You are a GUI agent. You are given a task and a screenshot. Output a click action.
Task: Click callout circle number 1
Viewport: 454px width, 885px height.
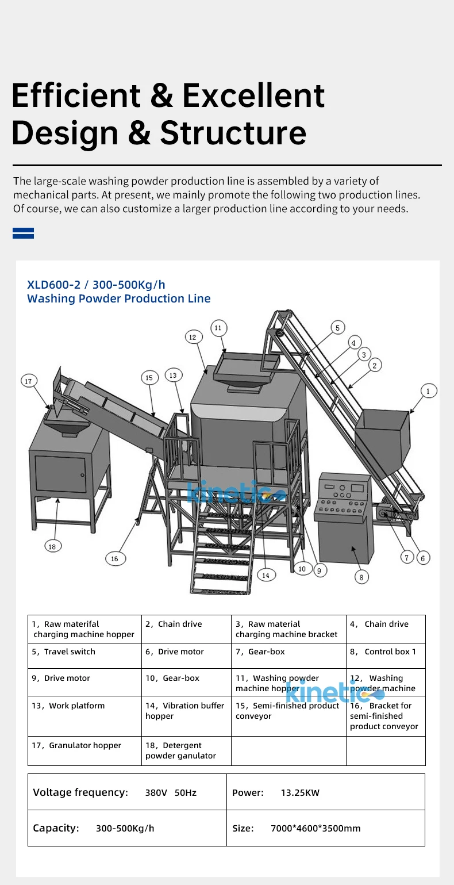[x=428, y=391]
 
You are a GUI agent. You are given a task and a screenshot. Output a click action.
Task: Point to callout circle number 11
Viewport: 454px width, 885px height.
[x=218, y=328]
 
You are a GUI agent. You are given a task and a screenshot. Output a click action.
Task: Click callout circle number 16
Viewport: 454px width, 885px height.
[x=115, y=558]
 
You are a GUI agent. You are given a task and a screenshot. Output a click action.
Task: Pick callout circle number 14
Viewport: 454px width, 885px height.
[x=266, y=574]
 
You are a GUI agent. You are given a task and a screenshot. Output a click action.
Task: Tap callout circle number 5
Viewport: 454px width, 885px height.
[x=338, y=328]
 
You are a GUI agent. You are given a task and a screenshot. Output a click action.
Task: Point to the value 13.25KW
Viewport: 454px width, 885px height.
[x=300, y=793]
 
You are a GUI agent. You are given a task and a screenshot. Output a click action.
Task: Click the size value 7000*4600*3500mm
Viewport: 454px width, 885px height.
[x=316, y=828]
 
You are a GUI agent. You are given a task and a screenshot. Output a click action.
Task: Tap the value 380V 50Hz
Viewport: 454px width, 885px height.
[x=171, y=793]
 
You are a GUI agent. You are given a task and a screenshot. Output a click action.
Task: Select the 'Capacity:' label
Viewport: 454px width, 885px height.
[x=56, y=828]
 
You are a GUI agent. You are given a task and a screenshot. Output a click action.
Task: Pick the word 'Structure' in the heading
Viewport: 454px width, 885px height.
[x=233, y=133]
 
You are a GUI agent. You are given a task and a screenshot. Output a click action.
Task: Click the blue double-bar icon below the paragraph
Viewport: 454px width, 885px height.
[x=23, y=233]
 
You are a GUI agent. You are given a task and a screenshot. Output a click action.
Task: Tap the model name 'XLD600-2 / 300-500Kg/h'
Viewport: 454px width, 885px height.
[x=96, y=284]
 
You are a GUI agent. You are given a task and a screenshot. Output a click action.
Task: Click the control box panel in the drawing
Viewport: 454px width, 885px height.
[x=344, y=495]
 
